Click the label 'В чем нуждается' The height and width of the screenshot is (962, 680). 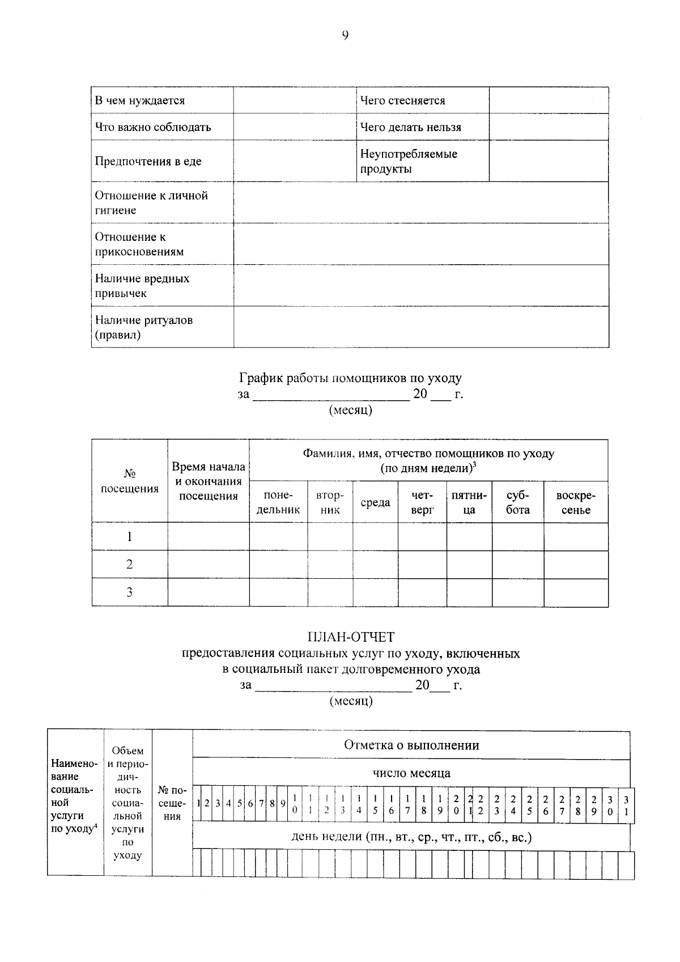click(x=139, y=101)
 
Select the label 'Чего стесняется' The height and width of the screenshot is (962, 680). click(x=402, y=101)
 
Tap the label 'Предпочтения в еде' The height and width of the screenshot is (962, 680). click(x=148, y=162)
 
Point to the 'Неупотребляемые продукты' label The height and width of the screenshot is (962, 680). click(x=408, y=162)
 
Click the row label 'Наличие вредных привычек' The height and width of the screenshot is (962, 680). click(x=142, y=286)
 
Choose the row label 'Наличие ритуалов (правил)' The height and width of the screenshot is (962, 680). click(x=143, y=327)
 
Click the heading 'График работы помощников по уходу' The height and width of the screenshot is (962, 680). click(x=350, y=378)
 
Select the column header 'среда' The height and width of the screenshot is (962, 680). click(x=375, y=503)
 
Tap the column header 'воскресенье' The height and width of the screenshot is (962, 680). click(x=576, y=503)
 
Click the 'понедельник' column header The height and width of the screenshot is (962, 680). click(x=278, y=503)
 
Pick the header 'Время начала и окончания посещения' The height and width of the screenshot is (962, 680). click(x=208, y=481)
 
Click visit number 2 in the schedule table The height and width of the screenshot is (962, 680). click(x=129, y=565)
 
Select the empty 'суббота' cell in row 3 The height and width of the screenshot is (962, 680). click(x=517, y=592)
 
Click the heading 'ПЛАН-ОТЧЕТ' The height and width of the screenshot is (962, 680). click(x=350, y=638)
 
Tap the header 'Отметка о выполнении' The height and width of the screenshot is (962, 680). click(x=411, y=745)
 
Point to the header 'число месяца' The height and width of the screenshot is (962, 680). click(x=411, y=773)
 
